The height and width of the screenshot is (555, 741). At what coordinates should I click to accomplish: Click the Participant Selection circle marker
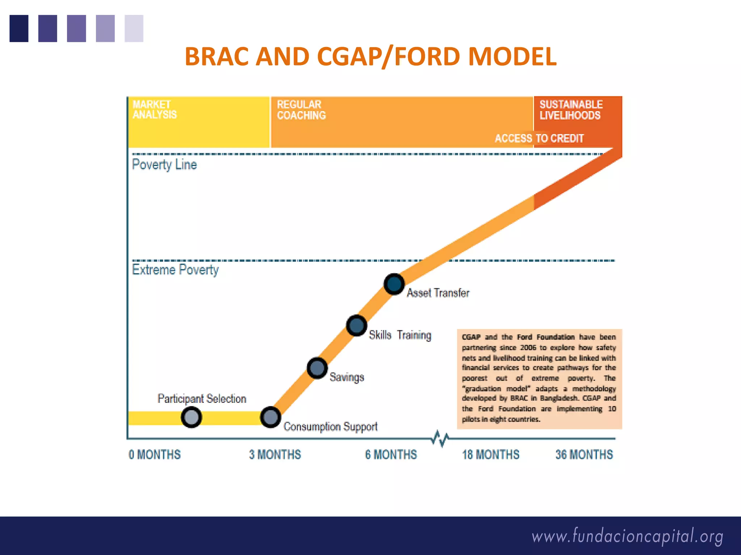point(191,417)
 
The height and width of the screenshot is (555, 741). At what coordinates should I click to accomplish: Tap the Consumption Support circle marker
point(270,417)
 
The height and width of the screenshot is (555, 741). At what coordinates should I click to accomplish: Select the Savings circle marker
point(317,368)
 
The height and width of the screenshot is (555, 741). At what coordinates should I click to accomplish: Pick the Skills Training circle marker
point(356,326)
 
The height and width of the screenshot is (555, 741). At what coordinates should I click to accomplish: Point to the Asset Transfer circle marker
point(394,284)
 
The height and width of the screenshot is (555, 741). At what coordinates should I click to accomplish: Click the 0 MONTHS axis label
point(154,455)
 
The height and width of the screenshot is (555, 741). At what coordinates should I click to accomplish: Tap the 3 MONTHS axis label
point(275,455)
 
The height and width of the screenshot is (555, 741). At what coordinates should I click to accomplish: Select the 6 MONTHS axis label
point(391,455)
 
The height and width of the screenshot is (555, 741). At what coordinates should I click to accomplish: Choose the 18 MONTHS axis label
point(491,455)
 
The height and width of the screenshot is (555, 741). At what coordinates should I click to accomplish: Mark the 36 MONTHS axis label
point(584,455)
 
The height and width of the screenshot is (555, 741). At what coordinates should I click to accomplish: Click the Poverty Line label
point(164,165)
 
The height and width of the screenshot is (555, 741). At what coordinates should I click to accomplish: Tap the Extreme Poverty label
point(175,270)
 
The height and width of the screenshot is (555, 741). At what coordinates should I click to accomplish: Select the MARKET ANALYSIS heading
point(154,109)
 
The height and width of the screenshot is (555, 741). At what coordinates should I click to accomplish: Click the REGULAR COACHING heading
point(301,110)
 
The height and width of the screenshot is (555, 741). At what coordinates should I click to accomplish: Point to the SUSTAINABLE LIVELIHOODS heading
point(571,110)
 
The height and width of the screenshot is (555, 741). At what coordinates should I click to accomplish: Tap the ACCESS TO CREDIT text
point(539,138)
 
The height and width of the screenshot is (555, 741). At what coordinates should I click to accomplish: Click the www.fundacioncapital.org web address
point(627,536)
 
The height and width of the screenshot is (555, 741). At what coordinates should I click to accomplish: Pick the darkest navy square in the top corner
point(19,29)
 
